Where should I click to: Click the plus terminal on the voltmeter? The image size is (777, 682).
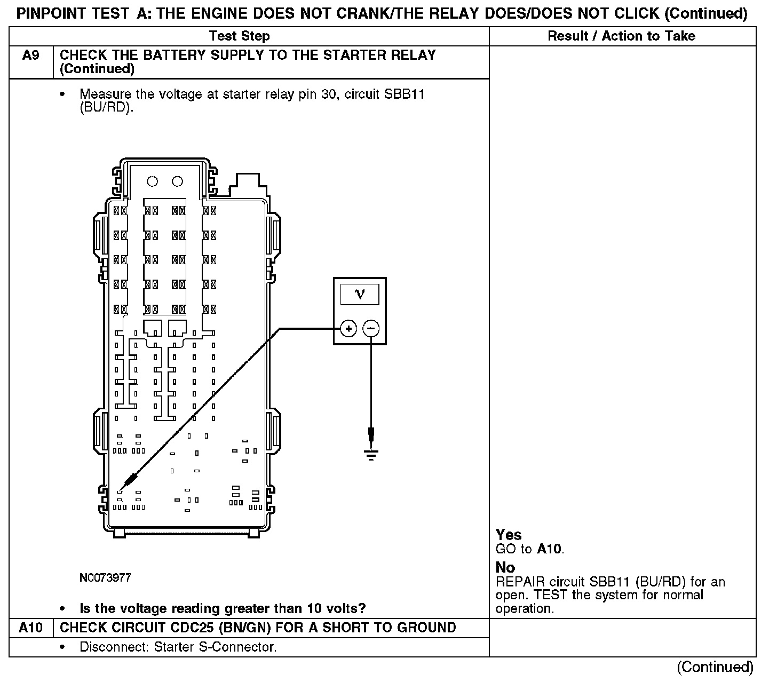point(348,328)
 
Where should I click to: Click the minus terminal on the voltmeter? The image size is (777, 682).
point(371,328)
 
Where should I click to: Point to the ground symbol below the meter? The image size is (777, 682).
point(371,454)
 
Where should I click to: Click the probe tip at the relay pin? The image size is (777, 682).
point(120,490)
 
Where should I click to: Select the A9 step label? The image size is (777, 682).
point(31,55)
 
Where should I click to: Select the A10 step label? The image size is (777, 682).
point(31,628)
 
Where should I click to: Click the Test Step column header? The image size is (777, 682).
point(239,36)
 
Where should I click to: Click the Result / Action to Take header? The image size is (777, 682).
point(622,36)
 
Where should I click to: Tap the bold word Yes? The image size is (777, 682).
point(509,535)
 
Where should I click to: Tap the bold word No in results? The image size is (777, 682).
point(505,567)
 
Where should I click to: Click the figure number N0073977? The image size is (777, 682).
point(105,578)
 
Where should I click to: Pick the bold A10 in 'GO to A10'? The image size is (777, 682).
point(550,549)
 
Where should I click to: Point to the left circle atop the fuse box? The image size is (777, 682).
point(152,181)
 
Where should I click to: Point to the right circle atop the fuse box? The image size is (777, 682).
point(177,181)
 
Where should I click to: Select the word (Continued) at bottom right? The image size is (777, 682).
point(715,667)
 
